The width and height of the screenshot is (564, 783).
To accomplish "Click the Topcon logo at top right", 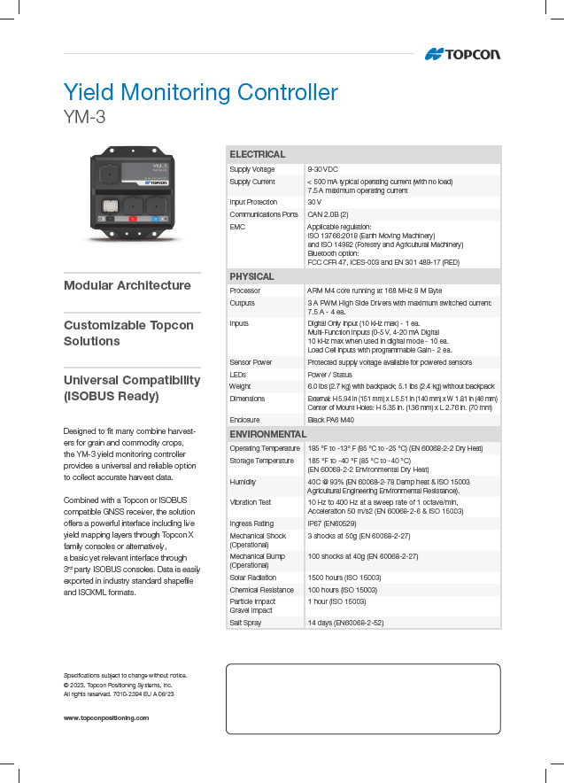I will (462, 54).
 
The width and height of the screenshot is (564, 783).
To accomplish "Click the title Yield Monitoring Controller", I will (200, 92).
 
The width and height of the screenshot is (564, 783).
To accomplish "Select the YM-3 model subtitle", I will (85, 115).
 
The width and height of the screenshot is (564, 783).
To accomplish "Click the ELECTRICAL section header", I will (258, 154).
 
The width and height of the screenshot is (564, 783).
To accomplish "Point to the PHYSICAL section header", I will (252, 276).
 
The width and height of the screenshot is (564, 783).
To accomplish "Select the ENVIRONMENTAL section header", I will (267, 435).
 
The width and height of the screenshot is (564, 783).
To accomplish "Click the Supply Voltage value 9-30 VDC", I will (322, 169).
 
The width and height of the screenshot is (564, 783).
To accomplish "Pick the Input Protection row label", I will (253, 202).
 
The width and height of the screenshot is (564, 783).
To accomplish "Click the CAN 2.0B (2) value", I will (328, 214).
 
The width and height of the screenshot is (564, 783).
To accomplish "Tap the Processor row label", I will (245, 291).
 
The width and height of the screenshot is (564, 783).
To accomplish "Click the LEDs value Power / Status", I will (329, 375).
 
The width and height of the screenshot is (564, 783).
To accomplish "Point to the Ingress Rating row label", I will (252, 523).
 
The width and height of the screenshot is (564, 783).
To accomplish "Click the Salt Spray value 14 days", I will (345, 623).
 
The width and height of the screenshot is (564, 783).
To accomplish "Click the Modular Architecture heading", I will (127, 285).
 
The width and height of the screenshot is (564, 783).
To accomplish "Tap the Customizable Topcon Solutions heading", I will (128, 333).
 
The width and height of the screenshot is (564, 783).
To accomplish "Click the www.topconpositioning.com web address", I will (105, 717).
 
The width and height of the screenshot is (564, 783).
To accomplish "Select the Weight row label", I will (241, 386).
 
